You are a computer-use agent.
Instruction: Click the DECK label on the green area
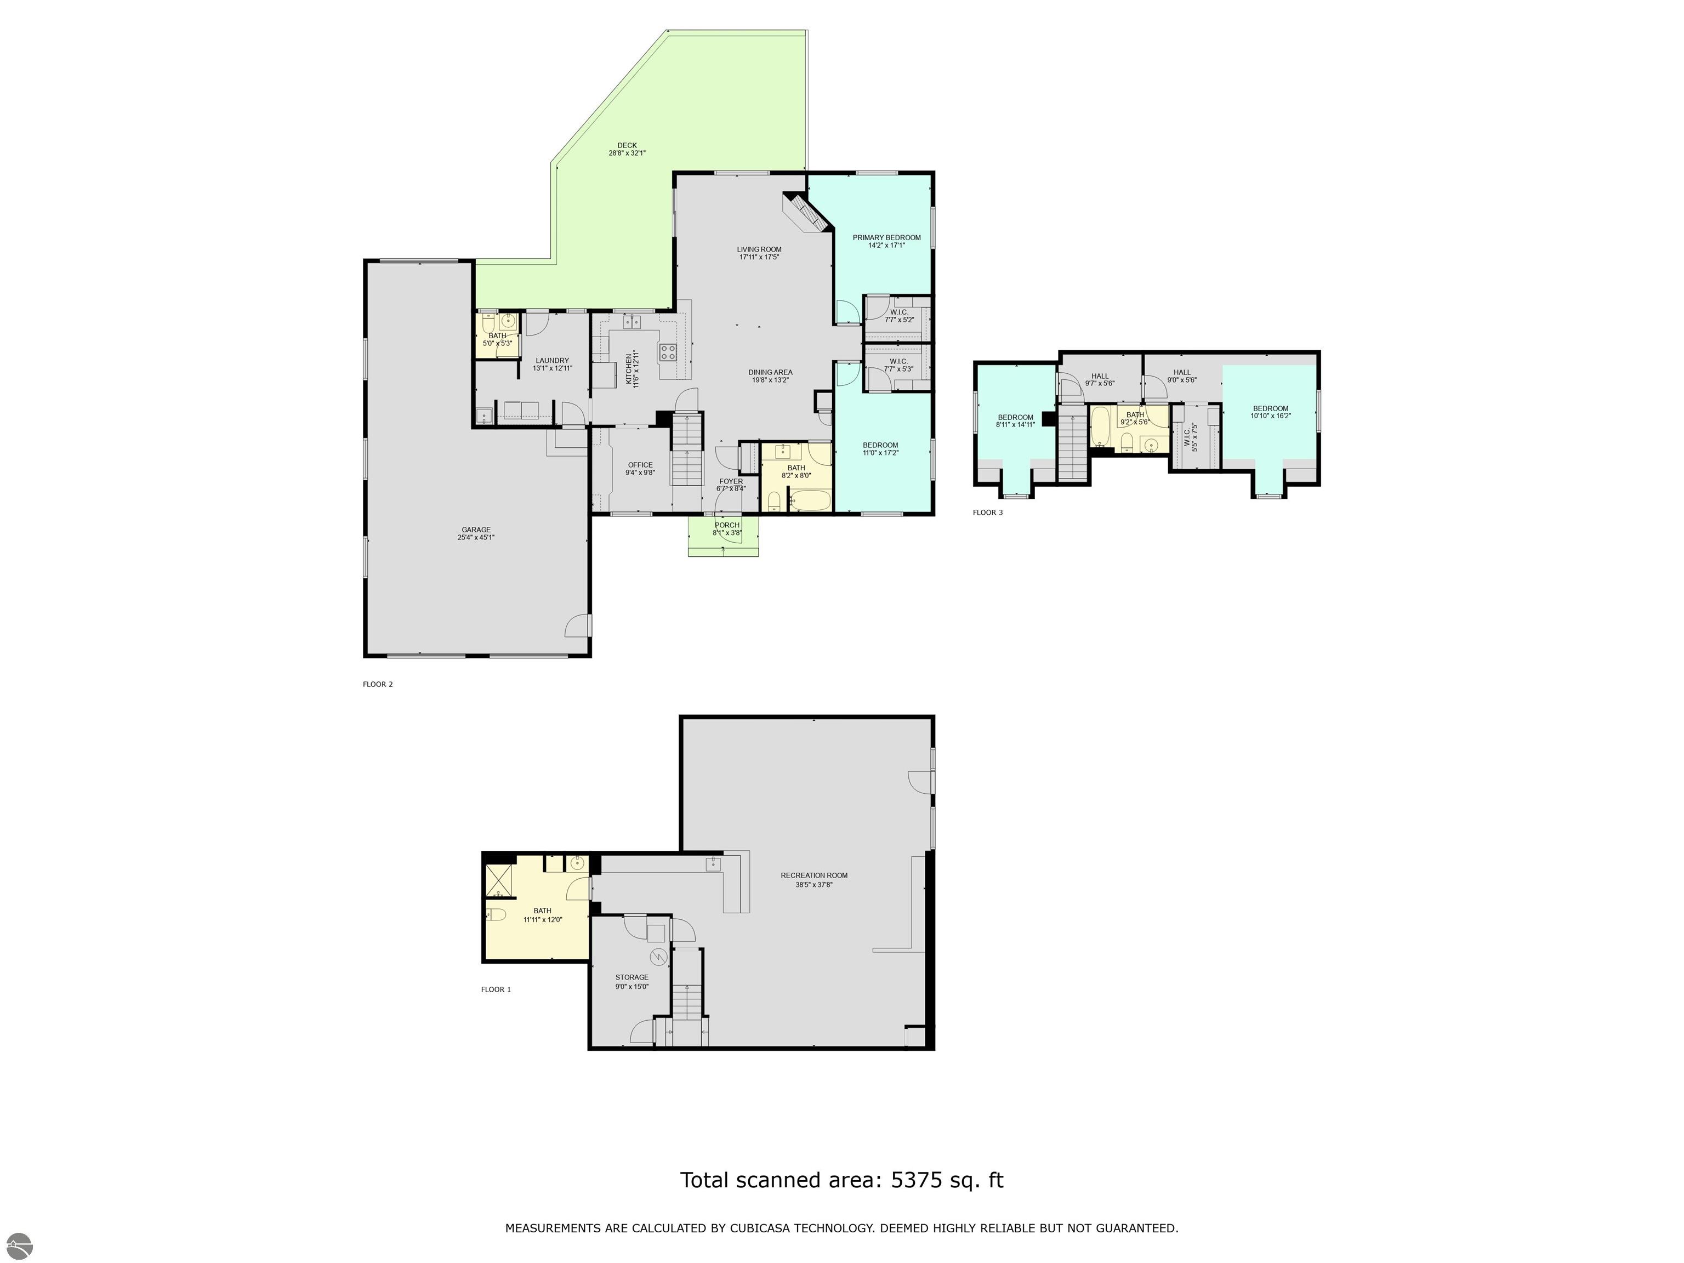(627, 145)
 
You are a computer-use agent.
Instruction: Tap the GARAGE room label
(476, 530)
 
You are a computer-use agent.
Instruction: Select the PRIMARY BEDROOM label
(886, 237)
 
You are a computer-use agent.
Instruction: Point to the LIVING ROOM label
(759, 249)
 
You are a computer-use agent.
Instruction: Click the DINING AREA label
(770, 372)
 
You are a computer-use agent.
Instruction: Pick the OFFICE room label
(640, 465)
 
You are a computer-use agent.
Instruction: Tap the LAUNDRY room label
(552, 361)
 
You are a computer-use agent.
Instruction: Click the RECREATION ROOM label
(814, 875)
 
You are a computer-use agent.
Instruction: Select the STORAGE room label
(632, 977)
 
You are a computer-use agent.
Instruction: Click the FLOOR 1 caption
(496, 989)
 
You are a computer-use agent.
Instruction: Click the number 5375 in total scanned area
(918, 1181)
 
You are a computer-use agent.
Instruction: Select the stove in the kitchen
(668, 352)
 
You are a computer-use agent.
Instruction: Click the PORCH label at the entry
(727, 525)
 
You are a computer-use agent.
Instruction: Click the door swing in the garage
(577, 626)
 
